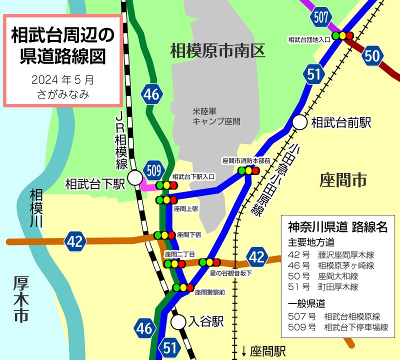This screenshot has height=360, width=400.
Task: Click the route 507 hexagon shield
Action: (x=321, y=17)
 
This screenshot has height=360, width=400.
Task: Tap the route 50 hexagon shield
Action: (x=373, y=55)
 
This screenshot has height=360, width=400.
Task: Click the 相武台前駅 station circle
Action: (x=300, y=121)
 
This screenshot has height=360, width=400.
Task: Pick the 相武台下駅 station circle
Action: (x=134, y=177)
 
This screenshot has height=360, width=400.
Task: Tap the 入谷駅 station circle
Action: (x=178, y=322)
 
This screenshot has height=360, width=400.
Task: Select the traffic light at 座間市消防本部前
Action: (x=249, y=170)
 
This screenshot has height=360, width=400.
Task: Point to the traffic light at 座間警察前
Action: (x=183, y=287)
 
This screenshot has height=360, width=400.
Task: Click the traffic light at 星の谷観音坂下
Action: (x=209, y=262)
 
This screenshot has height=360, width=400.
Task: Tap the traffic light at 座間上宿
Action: (x=166, y=200)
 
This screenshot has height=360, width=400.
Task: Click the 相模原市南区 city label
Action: (x=217, y=50)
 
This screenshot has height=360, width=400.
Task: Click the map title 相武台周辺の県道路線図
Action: (x=62, y=46)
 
